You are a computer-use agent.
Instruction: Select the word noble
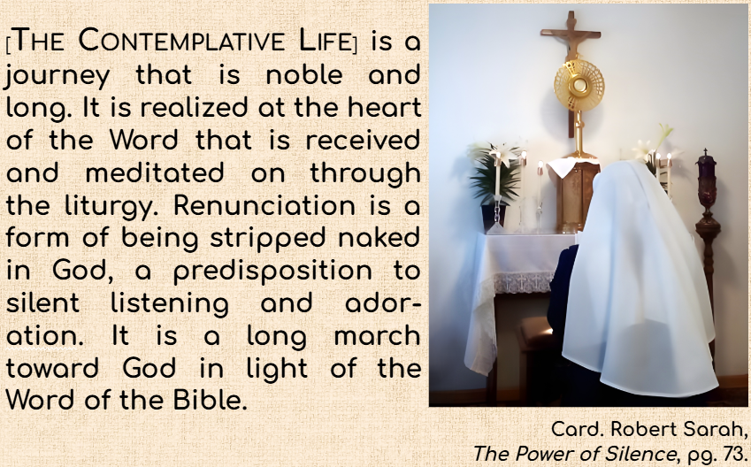(x=304, y=74)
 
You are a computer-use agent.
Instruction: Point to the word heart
(x=384, y=107)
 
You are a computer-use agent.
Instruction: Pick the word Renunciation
(x=264, y=205)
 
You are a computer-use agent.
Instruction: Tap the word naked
(x=379, y=237)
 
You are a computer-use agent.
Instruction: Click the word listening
(x=170, y=304)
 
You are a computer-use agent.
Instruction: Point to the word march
(x=377, y=335)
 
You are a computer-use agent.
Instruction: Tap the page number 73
(x=732, y=453)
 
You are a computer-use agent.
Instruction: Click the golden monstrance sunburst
(x=579, y=85)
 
